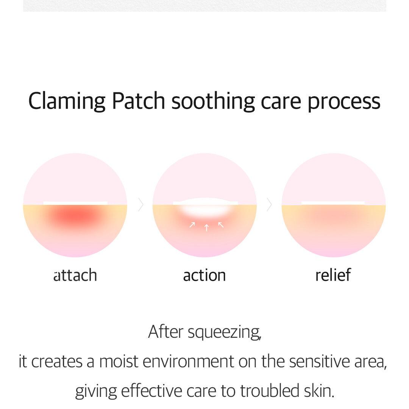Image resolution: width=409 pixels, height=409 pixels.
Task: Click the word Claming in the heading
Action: pyautogui.click(x=67, y=101)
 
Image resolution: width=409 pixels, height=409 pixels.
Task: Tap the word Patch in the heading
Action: pyautogui.click(x=139, y=100)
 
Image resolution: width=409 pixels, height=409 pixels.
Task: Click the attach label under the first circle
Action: pyautogui.click(x=75, y=275)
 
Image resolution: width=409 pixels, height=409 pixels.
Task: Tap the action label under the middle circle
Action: pyautogui.click(x=204, y=275)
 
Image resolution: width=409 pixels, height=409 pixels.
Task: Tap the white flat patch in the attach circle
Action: pyautogui.click(x=75, y=203)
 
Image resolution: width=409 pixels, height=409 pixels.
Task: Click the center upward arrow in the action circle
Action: pyautogui.click(x=207, y=228)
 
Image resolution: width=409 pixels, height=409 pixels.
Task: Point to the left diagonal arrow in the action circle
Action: pyautogui.click(x=192, y=225)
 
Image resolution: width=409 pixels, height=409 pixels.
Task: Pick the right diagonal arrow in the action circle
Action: pyautogui.click(x=221, y=225)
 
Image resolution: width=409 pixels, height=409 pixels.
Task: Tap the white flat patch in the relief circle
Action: pyautogui.click(x=333, y=203)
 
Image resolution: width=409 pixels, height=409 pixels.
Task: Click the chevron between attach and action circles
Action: pyautogui.click(x=141, y=204)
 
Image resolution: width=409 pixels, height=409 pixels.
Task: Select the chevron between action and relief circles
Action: pyautogui.click(x=270, y=204)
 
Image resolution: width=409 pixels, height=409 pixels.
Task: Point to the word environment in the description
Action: pyautogui.click(x=188, y=362)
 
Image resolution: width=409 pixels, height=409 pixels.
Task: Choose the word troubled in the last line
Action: pyautogui.click(x=270, y=391)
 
